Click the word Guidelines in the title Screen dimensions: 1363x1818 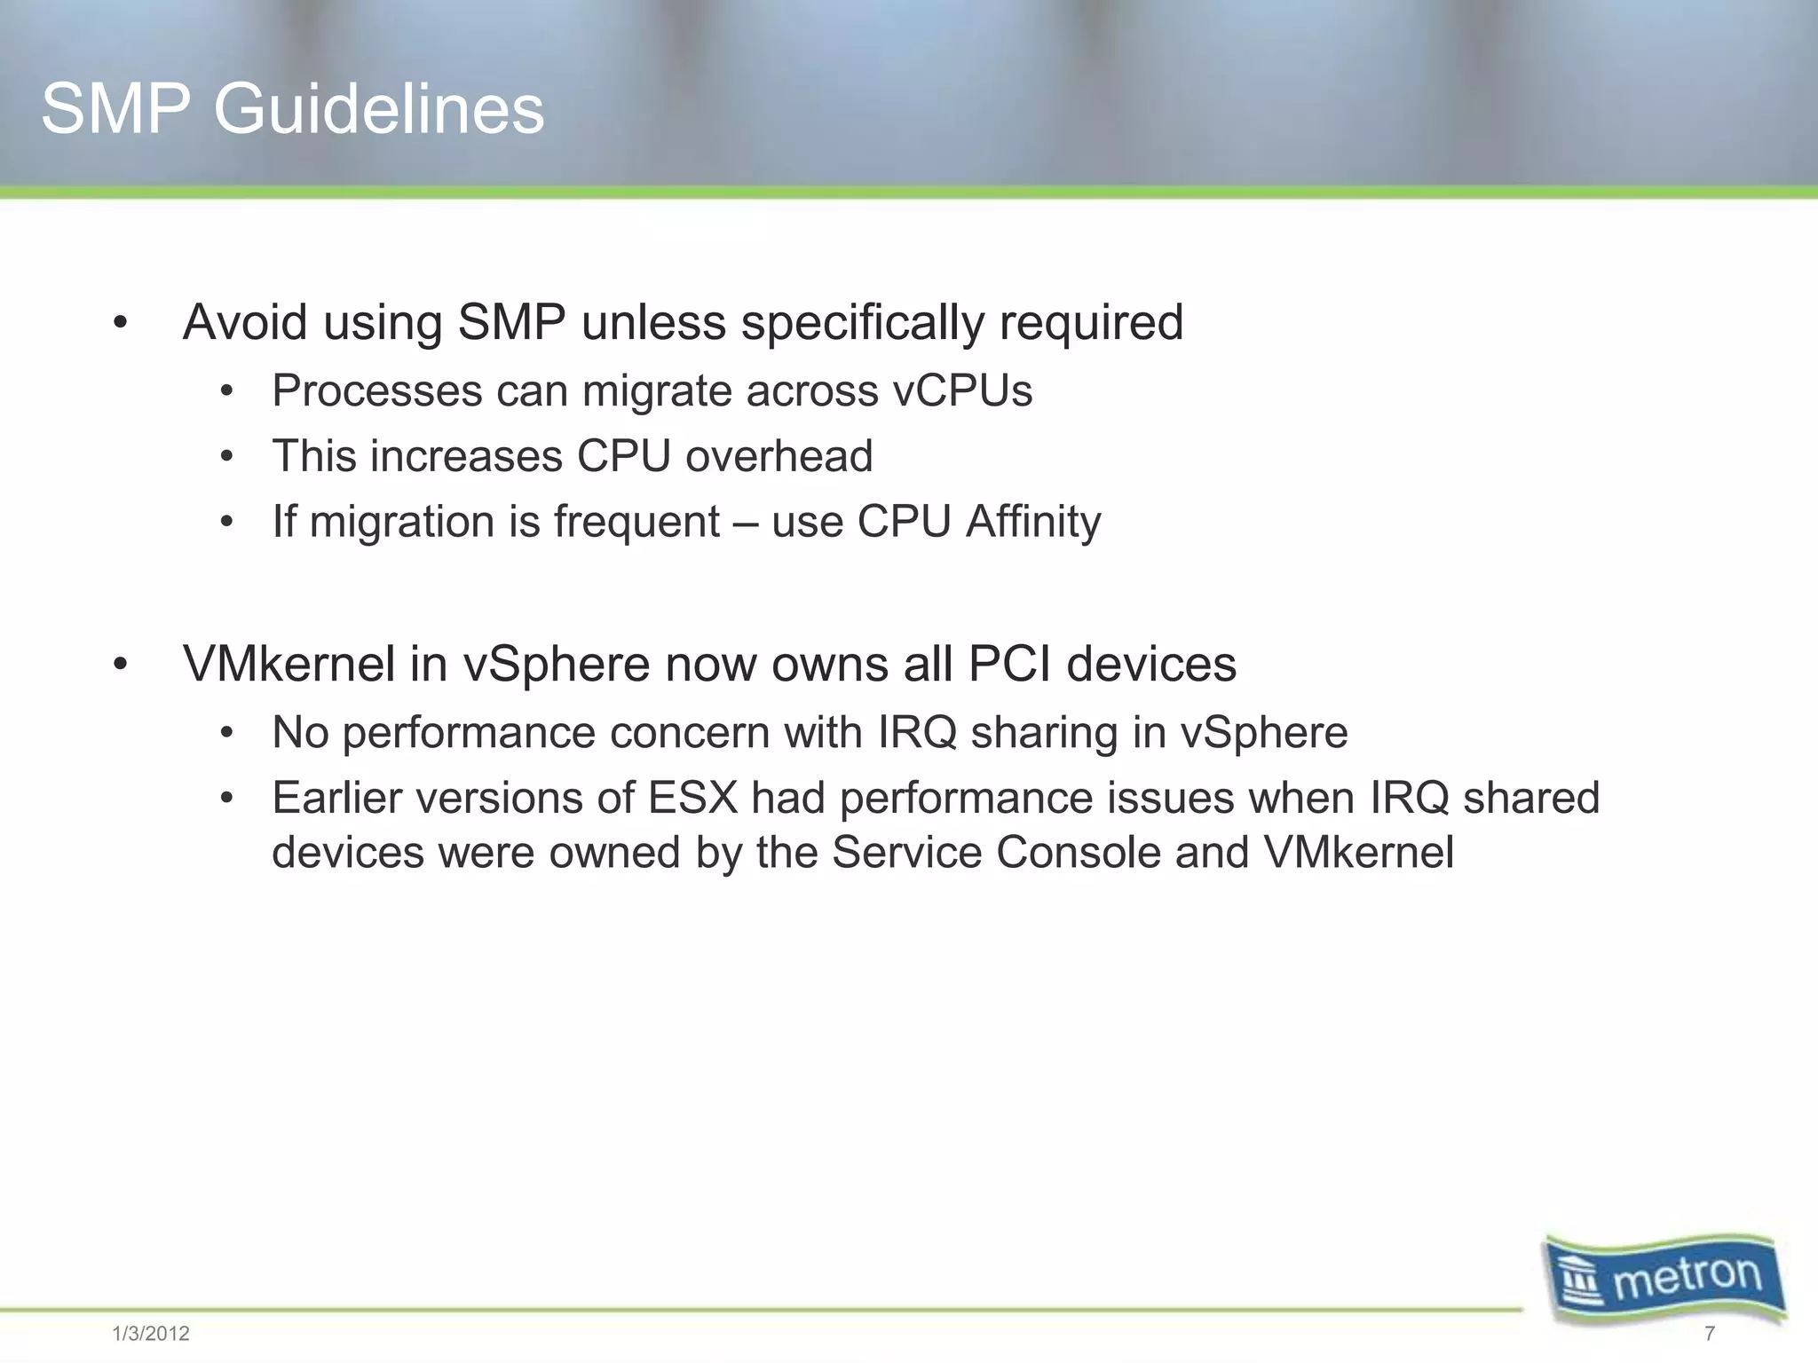point(378,110)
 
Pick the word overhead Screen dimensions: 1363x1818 point(779,456)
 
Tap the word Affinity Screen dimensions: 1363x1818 point(1033,522)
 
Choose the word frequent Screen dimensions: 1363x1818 point(636,522)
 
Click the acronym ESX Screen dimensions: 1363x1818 point(692,797)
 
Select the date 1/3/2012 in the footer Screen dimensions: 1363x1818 point(151,1334)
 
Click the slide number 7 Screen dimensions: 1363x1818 point(1710,1334)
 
